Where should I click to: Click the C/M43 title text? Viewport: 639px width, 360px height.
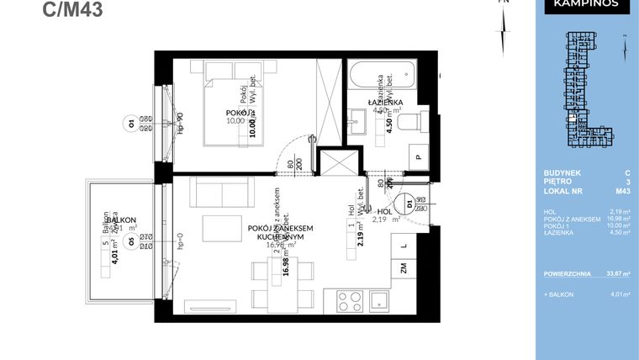75,10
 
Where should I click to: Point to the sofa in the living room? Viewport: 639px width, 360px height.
222,194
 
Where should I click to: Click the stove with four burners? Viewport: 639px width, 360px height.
347,300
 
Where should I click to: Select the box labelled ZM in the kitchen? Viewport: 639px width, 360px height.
404,269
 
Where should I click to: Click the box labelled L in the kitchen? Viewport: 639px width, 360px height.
404,245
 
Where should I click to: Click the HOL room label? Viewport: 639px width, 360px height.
385,212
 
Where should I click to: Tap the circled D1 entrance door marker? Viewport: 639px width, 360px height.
409,203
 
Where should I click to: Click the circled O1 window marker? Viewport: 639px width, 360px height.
131,124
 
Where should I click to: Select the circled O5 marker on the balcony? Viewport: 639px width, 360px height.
130,241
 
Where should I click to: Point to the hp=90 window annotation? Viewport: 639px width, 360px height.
179,124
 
